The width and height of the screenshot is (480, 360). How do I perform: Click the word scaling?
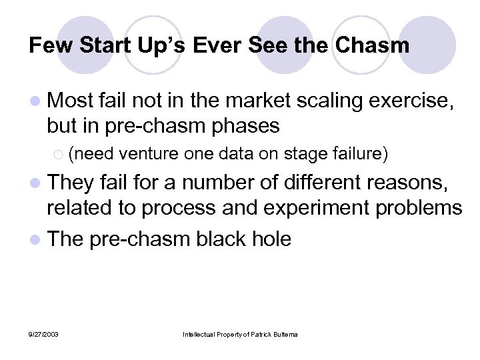point(329,101)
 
